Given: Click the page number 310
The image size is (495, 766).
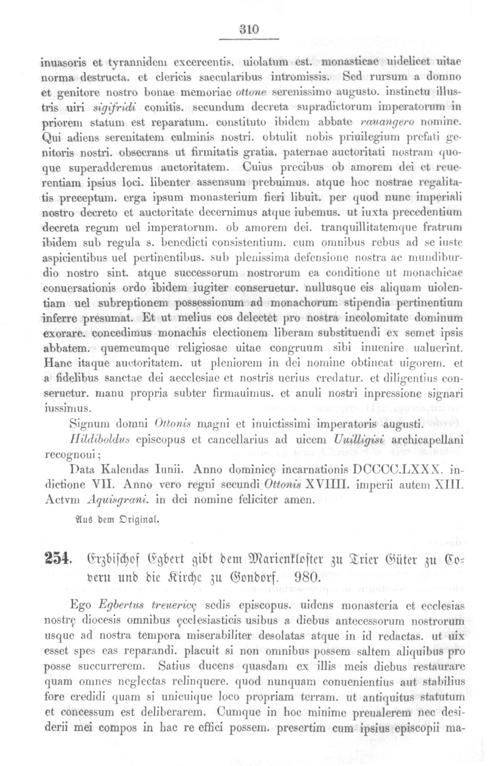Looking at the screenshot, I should (x=250, y=30).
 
